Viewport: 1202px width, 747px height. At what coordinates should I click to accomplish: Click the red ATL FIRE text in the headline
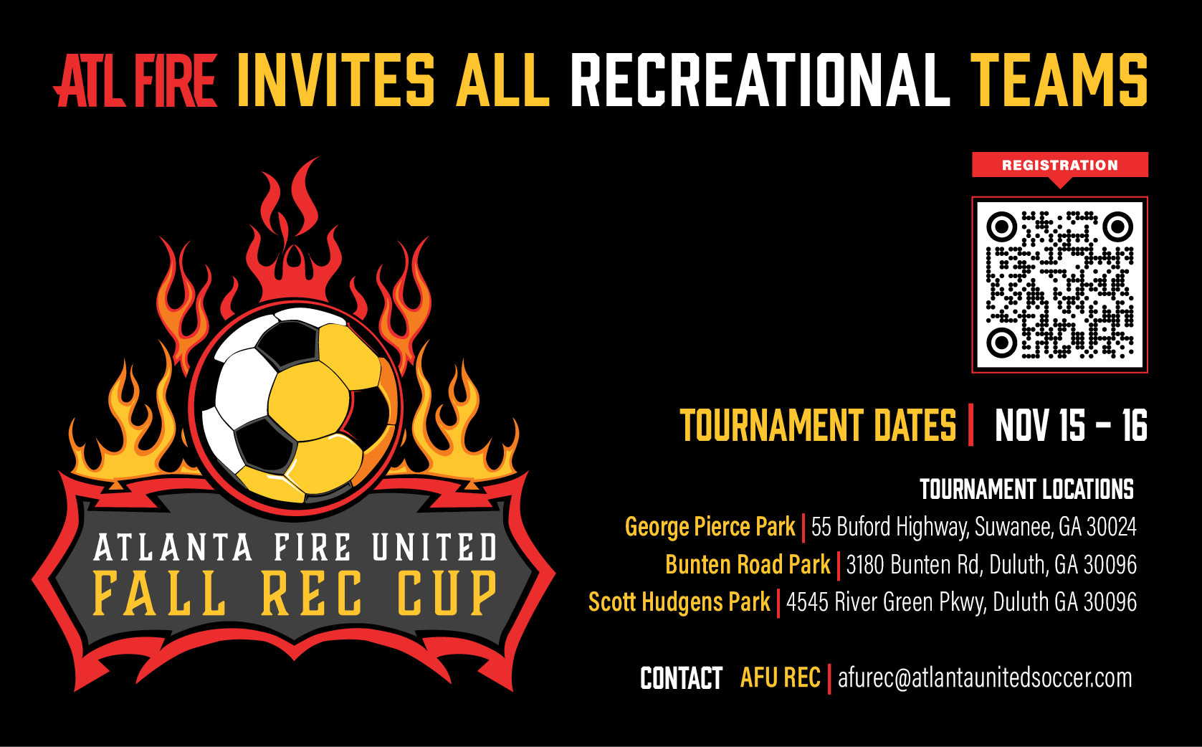(135, 80)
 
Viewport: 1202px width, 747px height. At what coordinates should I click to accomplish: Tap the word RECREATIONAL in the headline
(760, 80)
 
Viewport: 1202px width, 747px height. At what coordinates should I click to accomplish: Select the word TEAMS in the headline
(1059, 80)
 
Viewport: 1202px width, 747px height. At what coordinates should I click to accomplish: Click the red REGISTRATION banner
(1060, 166)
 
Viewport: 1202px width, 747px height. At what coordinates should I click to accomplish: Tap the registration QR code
(1060, 285)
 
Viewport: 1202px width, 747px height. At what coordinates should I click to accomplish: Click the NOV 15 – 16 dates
(1071, 425)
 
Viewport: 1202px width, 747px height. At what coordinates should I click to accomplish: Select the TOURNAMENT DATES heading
(819, 425)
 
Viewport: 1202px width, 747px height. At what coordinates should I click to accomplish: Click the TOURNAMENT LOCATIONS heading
(1026, 490)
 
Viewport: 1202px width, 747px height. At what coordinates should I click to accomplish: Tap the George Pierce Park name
(710, 526)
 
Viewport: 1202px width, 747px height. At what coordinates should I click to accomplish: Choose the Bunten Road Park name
(748, 564)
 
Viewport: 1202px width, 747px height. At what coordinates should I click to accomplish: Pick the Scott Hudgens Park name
(679, 602)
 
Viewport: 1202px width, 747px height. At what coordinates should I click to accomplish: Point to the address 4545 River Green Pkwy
(962, 602)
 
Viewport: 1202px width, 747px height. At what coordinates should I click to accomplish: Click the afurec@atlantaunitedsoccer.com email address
(986, 677)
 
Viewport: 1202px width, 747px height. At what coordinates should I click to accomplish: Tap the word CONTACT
(682, 678)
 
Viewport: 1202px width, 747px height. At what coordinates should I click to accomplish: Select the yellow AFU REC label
(781, 677)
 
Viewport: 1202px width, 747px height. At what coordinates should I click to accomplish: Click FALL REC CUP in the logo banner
(295, 593)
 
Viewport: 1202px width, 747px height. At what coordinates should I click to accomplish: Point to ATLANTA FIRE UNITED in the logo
(295, 547)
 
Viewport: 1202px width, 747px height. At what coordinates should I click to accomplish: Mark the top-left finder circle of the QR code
(1001, 227)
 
